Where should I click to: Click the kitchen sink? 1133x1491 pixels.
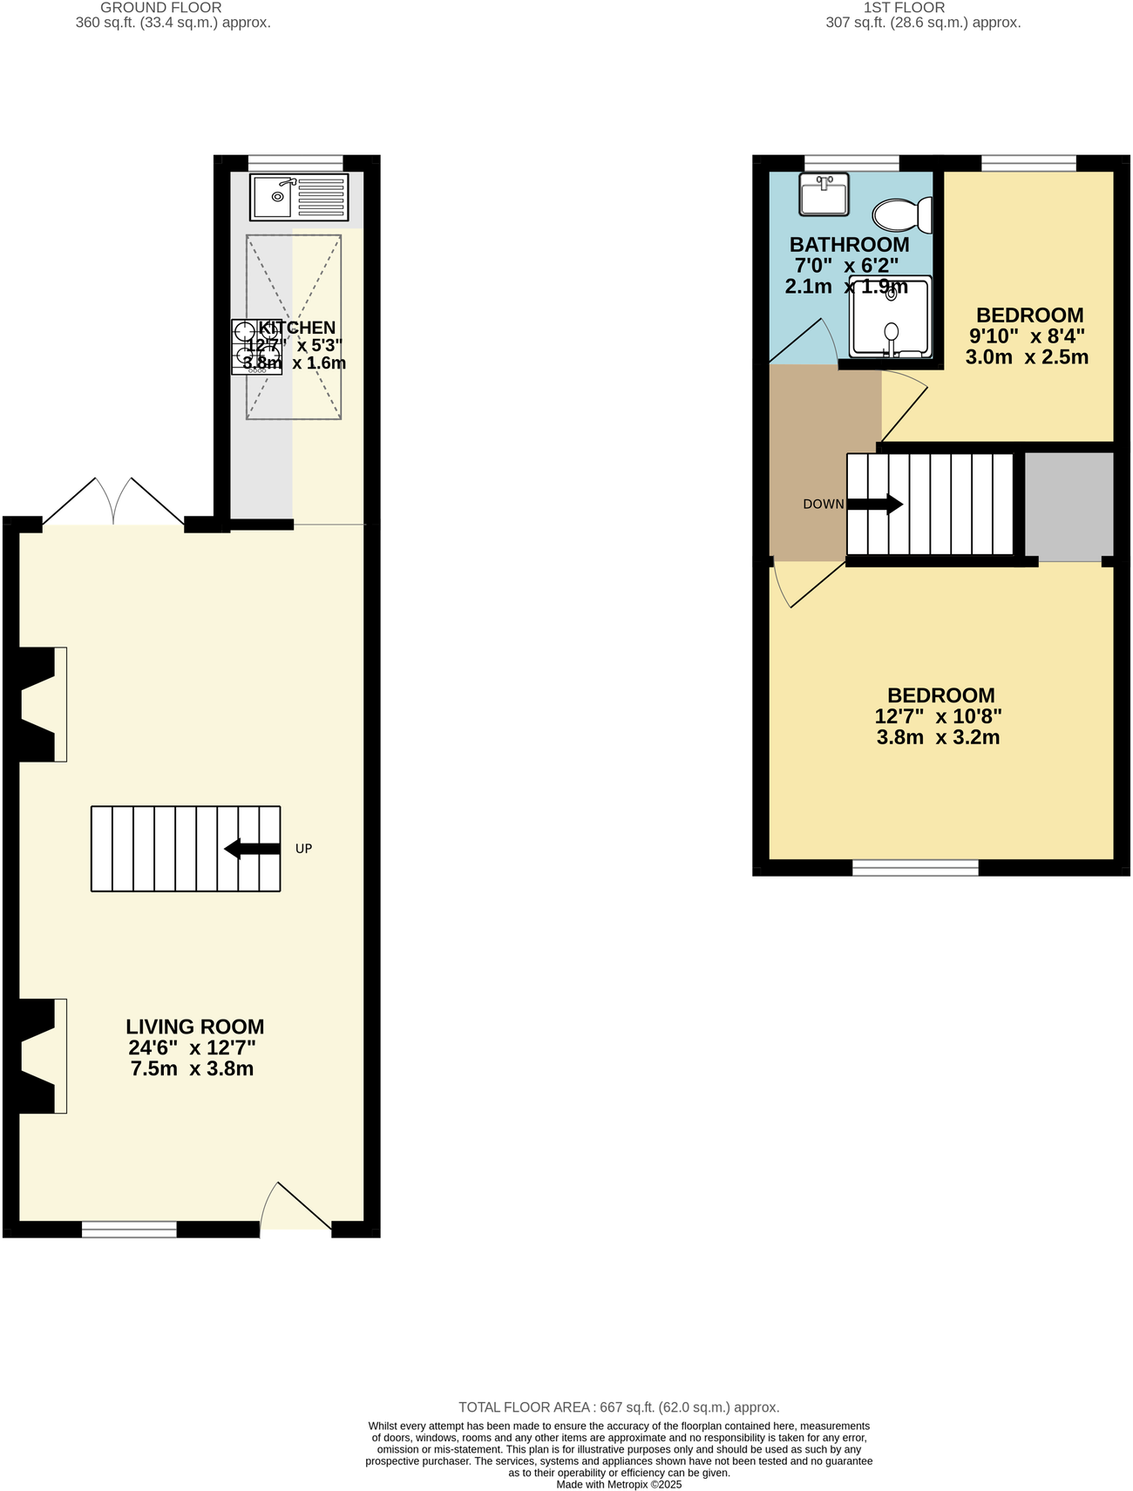pos(299,197)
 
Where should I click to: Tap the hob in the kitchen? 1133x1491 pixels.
pos(255,347)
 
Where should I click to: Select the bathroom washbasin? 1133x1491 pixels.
pos(824,194)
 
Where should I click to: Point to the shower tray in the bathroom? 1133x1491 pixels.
pos(891,317)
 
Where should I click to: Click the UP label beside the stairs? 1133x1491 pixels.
pos(303,849)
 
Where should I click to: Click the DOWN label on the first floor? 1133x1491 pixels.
pos(823,505)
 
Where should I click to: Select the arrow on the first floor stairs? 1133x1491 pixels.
pos(875,505)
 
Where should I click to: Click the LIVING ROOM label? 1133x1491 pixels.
pos(194,1027)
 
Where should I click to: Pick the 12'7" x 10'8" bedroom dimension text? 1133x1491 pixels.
pos(939,716)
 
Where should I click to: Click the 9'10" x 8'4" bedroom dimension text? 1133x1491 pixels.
pos(1027,336)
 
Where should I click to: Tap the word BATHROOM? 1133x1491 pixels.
pos(849,245)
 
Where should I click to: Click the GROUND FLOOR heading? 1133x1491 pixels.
pos(161,8)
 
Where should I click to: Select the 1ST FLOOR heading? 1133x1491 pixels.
pos(904,8)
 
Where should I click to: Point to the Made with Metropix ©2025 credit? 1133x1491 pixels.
pos(619,1484)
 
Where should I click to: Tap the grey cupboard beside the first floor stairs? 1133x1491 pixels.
pos(1069,505)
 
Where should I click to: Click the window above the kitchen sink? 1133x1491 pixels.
pos(295,161)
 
